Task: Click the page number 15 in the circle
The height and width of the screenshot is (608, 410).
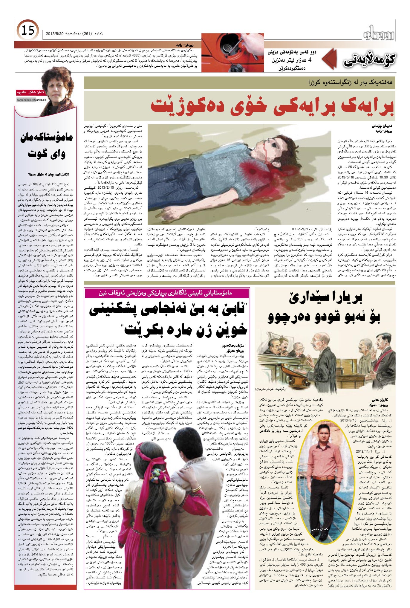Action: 28,30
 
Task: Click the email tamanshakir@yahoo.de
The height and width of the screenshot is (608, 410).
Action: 32,100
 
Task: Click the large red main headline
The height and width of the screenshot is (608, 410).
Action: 272,106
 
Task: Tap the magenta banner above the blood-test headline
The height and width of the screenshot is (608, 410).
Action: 167,293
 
